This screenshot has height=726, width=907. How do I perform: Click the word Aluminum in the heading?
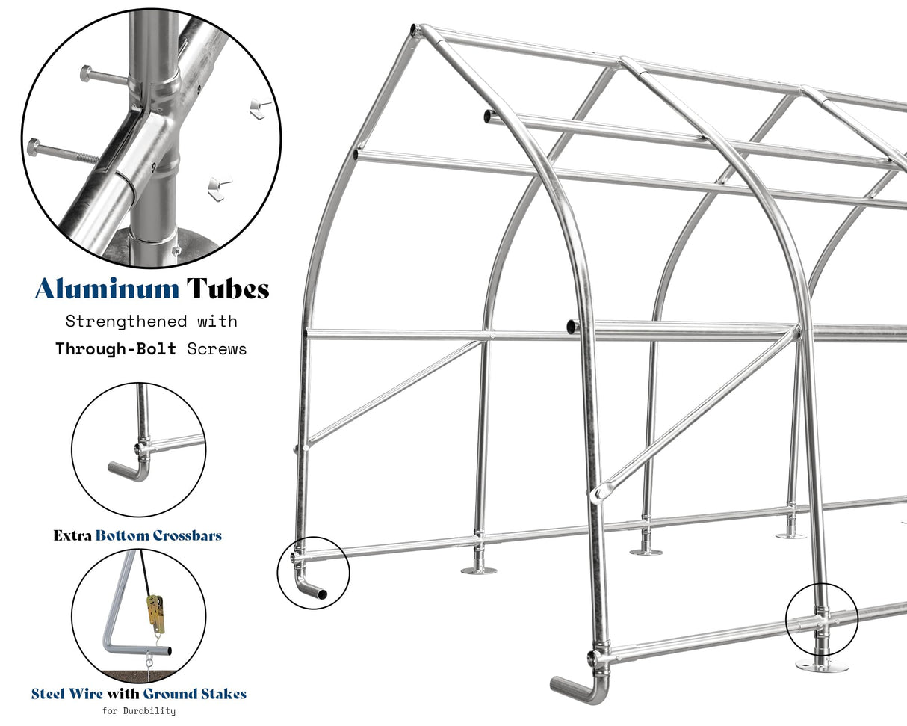pyautogui.click(x=107, y=289)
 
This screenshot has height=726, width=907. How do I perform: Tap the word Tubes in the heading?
pyautogui.click(x=228, y=289)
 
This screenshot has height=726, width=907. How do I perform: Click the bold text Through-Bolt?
pyautogui.click(x=116, y=348)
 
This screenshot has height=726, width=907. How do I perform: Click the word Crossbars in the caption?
pyautogui.click(x=187, y=535)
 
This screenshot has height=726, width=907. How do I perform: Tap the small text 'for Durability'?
pyautogui.click(x=139, y=710)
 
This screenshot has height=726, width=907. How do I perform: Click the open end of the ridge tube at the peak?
pyautogui.click(x=412, y=30)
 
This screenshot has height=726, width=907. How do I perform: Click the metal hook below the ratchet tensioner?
pyautogui.click(x=149, y=658)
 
